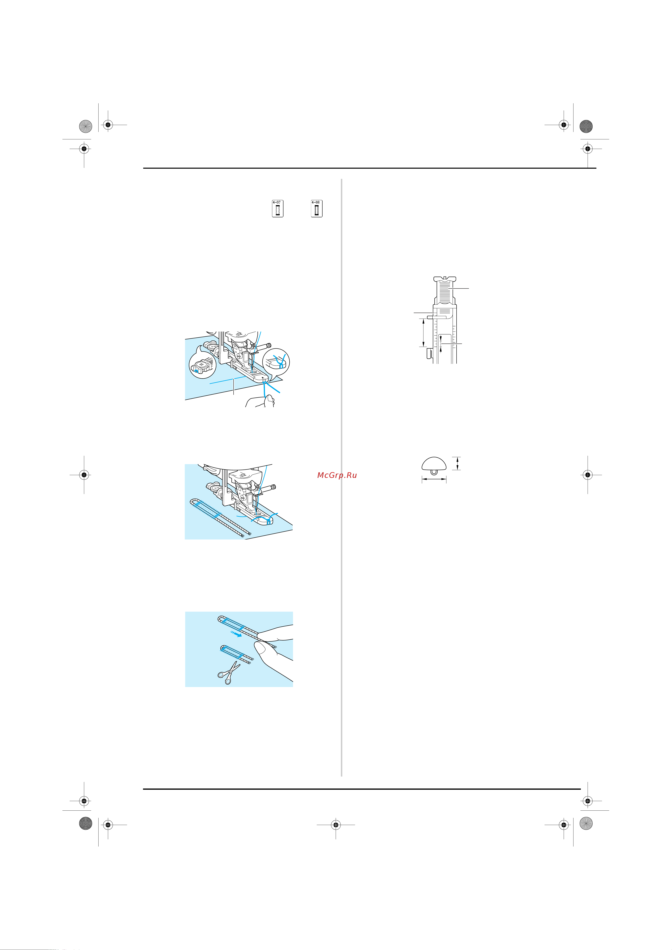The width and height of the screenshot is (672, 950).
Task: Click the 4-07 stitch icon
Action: [x=277, y=209]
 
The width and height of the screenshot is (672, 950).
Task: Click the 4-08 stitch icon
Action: [x=317, y=209]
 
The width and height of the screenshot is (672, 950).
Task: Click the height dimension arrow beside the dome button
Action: [x=457, y=463]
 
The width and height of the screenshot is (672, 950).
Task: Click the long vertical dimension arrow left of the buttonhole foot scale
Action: [x=423, y=332]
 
